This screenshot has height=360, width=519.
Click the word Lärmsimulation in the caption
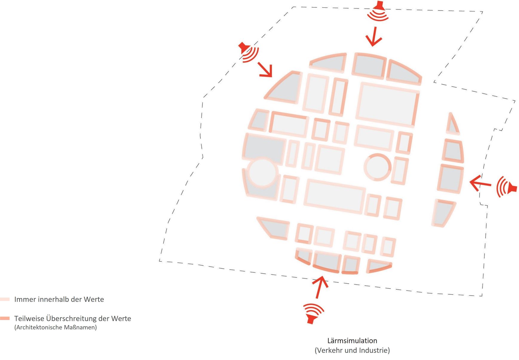click(x=352, y=341)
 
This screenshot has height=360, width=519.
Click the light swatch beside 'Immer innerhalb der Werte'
click(x=5, y=299)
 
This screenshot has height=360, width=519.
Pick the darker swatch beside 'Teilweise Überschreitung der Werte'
click(x=5, y=318)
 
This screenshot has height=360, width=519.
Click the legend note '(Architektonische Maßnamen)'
click(x=56, y=327)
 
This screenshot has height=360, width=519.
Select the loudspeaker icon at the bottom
click(x=313, y=314)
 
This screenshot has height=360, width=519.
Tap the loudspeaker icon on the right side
click(x=506, y=187)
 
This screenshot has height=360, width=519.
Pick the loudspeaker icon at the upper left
click(x=249, y=52)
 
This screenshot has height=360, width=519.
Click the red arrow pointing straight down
click(x=374, y=36)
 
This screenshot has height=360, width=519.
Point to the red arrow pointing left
click(x=480, y=183)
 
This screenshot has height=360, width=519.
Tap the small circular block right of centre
click(x=378, y=167)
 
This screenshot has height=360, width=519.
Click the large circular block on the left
click(x=262, y=173)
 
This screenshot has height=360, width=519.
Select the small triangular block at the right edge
click(x=452, y=124)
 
